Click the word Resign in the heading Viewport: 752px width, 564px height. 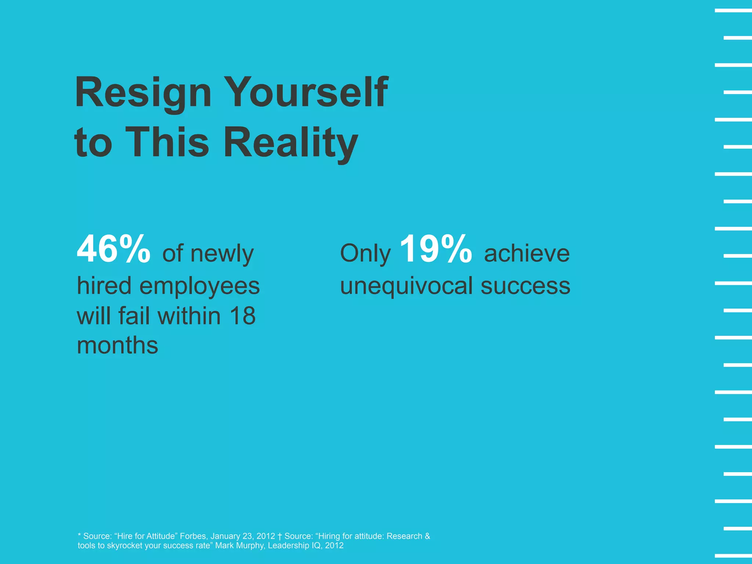pos(143,93)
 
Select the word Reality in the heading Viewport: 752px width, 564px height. pos(290,142)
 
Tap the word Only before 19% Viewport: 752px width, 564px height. pos(365,253)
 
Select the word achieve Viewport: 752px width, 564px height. pos(527,253)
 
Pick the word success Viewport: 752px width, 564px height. pos(525,286)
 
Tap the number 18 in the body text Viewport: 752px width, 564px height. pos(242,316)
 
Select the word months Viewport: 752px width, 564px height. pos(117,346)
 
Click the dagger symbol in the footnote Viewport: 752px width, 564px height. pos(280,536)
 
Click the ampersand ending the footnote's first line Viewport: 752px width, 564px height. pos(427,536)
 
